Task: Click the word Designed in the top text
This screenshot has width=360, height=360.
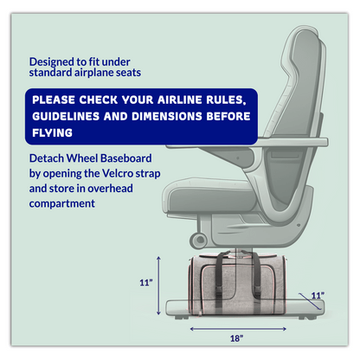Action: [52, 62]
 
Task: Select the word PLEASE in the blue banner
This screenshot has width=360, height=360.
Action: [54, 100]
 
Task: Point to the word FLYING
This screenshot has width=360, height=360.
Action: [52, 133]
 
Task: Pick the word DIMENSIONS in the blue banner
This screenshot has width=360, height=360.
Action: [167, 116]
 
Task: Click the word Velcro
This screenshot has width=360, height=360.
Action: [118, 173]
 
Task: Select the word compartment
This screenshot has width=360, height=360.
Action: [62, 204]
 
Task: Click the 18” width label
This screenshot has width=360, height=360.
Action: [236, 338]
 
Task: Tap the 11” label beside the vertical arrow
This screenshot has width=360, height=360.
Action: [146, 283]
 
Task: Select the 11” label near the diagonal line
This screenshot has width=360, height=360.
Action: [318, 295]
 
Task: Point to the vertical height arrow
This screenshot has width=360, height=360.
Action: [158, 286]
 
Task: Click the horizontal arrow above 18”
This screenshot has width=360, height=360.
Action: [238, 329]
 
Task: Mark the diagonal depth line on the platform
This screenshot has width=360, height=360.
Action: [310, 301]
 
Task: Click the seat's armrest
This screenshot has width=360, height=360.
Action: [247, 143]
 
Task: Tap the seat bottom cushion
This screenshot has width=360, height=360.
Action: [209, 194]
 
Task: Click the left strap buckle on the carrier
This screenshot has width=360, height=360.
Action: [218, 294]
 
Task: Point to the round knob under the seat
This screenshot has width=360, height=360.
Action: [198, 240]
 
